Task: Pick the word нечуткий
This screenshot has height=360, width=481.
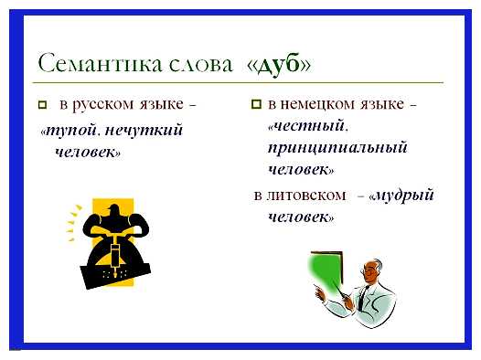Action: click(138, 132)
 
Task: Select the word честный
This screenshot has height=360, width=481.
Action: click(306, 127)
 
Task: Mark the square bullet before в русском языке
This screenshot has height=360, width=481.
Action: click(43, 106)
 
